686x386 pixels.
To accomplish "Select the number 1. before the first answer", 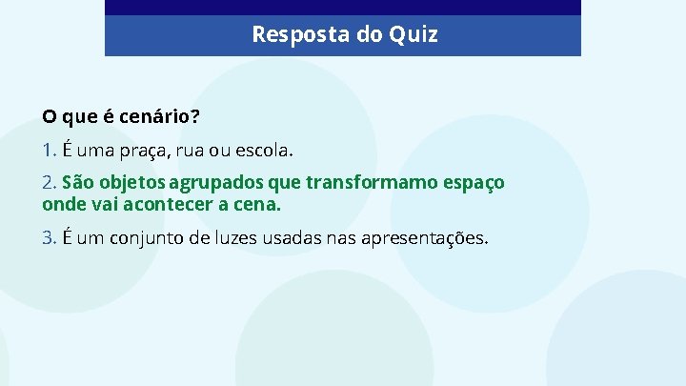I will point(50,150).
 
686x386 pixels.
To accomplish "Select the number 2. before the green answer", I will point(50,182).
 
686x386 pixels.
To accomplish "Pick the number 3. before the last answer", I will point(50,237).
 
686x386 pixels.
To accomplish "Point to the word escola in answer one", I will point(268,150).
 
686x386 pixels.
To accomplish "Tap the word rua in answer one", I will point(202,150).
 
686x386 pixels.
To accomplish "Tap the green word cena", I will point(258,204).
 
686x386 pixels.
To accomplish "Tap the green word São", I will point(79,182).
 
